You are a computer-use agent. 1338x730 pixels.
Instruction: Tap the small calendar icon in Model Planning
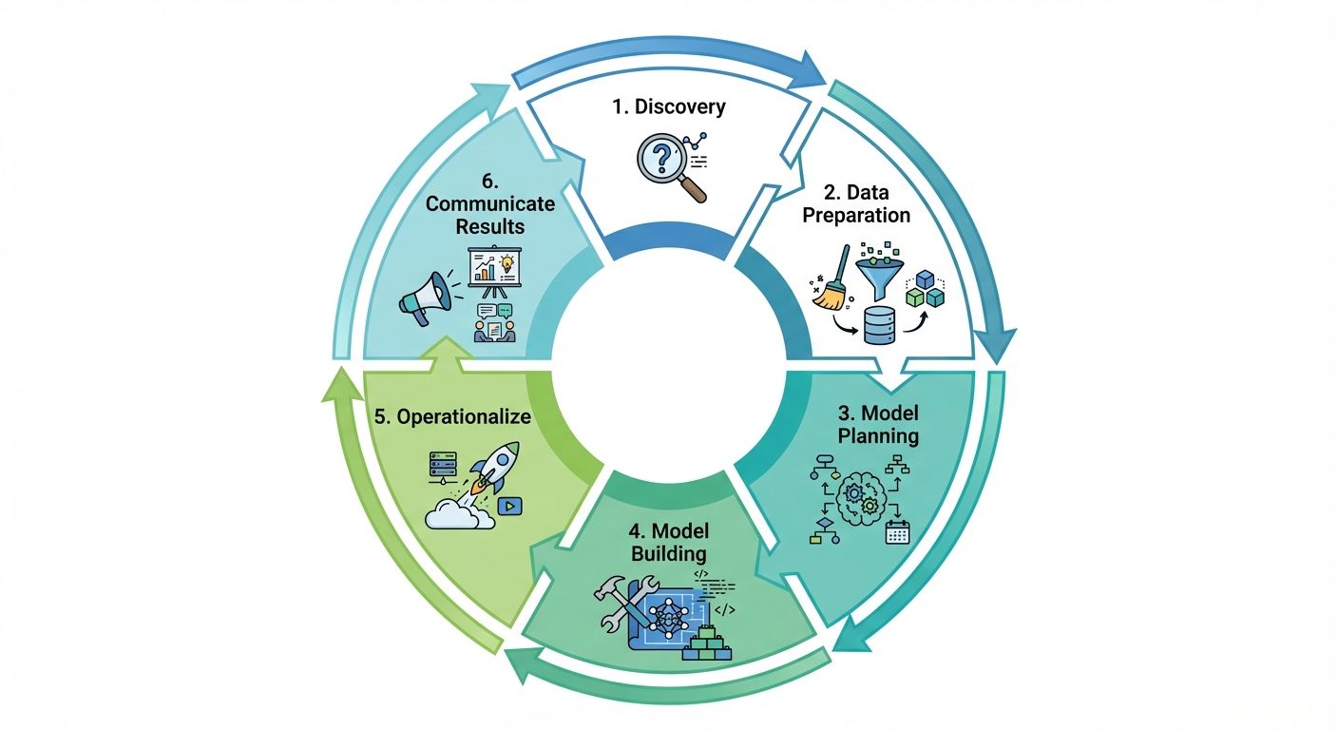pos(897,531)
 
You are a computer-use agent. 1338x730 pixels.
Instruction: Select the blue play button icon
pos(510,506)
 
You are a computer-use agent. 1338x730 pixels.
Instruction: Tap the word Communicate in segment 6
pos(489,203)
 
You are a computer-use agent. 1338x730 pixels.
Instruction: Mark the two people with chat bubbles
pos(493,322)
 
